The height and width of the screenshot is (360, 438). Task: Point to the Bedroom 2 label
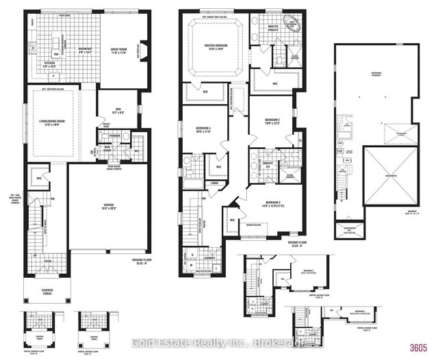click(x=273, y=121)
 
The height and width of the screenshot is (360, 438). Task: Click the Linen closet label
click(x=214, y=183)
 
